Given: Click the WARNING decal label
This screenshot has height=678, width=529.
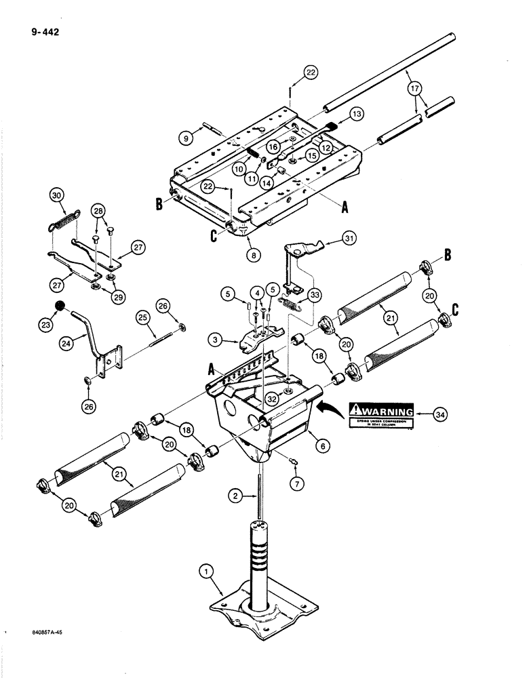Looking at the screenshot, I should (380, 414).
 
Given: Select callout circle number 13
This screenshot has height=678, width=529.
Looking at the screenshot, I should (357, 115).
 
